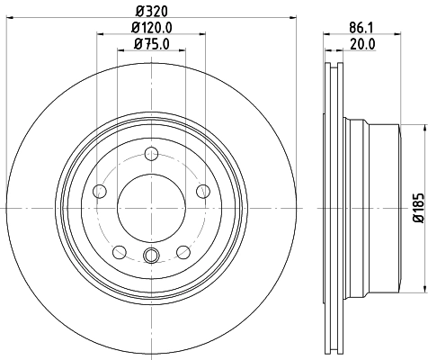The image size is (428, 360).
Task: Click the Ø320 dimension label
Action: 151,12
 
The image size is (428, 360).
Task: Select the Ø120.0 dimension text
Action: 151,28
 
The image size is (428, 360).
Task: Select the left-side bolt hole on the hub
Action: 98,190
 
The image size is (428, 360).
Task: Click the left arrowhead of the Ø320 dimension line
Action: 11,20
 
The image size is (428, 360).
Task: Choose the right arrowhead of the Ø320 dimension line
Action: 291,20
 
